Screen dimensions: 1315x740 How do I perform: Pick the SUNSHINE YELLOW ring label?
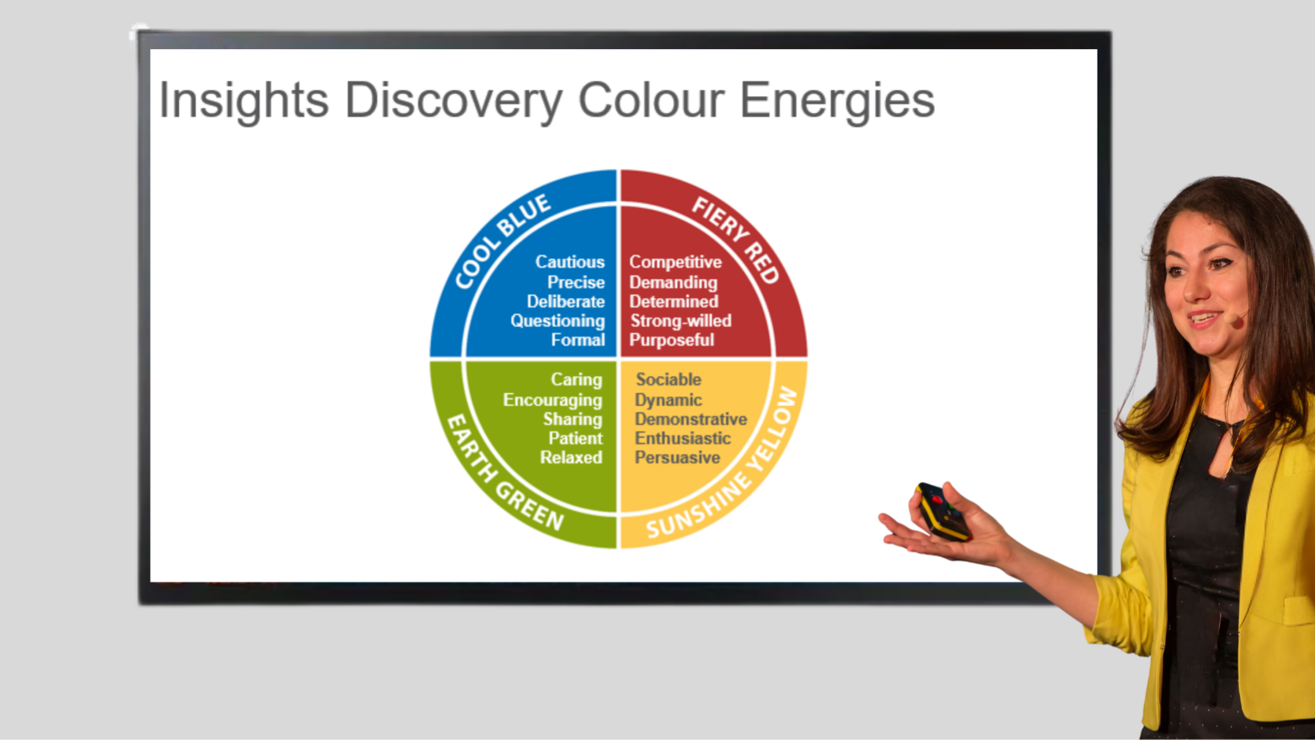coord(723,462)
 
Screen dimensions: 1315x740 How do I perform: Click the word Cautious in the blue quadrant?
coord(570,262)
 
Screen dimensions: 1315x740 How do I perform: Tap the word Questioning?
coord(557,321)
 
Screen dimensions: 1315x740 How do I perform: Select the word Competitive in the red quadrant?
coord(675,262)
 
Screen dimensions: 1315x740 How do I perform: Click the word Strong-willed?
coord(681,321)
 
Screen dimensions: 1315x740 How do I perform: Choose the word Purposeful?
coord(671,340)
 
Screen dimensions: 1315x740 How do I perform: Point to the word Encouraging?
coord(552,401)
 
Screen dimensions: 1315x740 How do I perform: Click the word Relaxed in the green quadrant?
coord(571,457)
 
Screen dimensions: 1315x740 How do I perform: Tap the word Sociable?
coord(668,380)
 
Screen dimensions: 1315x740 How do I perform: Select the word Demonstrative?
coord(691,419)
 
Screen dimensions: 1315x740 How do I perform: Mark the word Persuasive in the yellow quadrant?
coord(677,457)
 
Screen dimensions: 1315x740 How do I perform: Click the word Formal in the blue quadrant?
coord(578,340)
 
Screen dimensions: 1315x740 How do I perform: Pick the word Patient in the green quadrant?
coord(575,438)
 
